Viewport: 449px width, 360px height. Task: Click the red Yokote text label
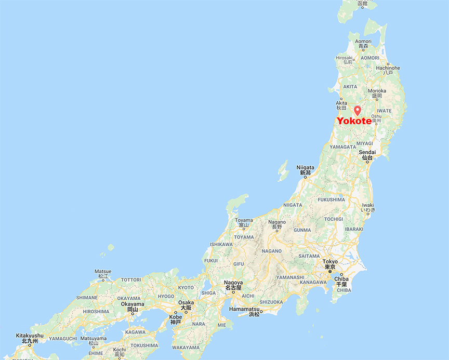click(354, 121)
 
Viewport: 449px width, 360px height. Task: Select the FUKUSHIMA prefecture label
click(331, 199)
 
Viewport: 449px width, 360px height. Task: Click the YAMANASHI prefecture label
click(290, 278)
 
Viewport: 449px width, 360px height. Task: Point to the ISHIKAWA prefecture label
click(221, 244)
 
